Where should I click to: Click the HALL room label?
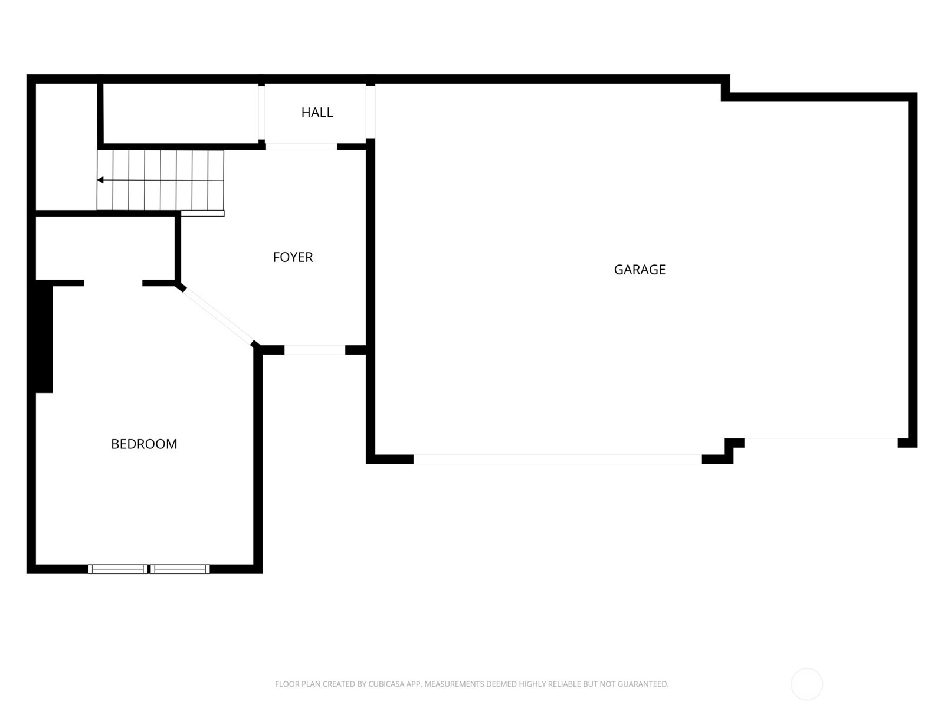pyautogui.click(x=317, y=113)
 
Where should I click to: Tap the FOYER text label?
pyautogui.click(x=293, y=257)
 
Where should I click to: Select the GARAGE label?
pyautogui.click(x=640, y=270)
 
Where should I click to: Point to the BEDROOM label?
pyautogui.click(x=144, y=444)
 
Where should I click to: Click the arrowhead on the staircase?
pyautogui.click(x=100, y=180)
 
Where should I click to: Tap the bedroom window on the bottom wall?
pyautogui.click(x=149, y=569)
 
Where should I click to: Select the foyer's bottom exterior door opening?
pyautogui.click(x=315, y=350)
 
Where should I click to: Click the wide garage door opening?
pyautogui.click(x=558, y=459)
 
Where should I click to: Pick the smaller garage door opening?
pyautogui.click(x=821, y=438)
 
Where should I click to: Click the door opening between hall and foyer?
pyautogui.click(x=301, y=147)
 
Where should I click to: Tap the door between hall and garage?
pyautogui.click(x=371, y=112)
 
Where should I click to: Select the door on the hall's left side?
pyautogui.click(x=261, y=113)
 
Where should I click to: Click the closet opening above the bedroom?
pyautogui.click(x=113, y=283)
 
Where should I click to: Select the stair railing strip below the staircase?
pyautogui.click(x=202, y=213)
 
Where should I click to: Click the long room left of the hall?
pyautogui.click(x=181, y=114)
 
